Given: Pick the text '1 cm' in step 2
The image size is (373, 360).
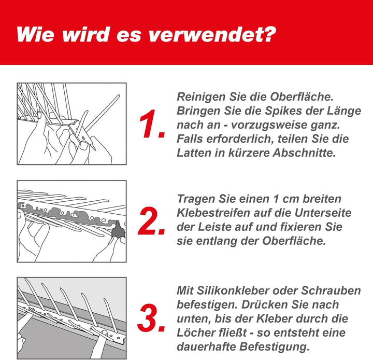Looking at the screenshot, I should tap(287, 199).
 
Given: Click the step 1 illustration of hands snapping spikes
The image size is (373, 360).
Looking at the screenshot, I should tap(71, 124).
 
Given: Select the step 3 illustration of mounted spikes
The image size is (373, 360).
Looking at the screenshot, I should tap(71, 317).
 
